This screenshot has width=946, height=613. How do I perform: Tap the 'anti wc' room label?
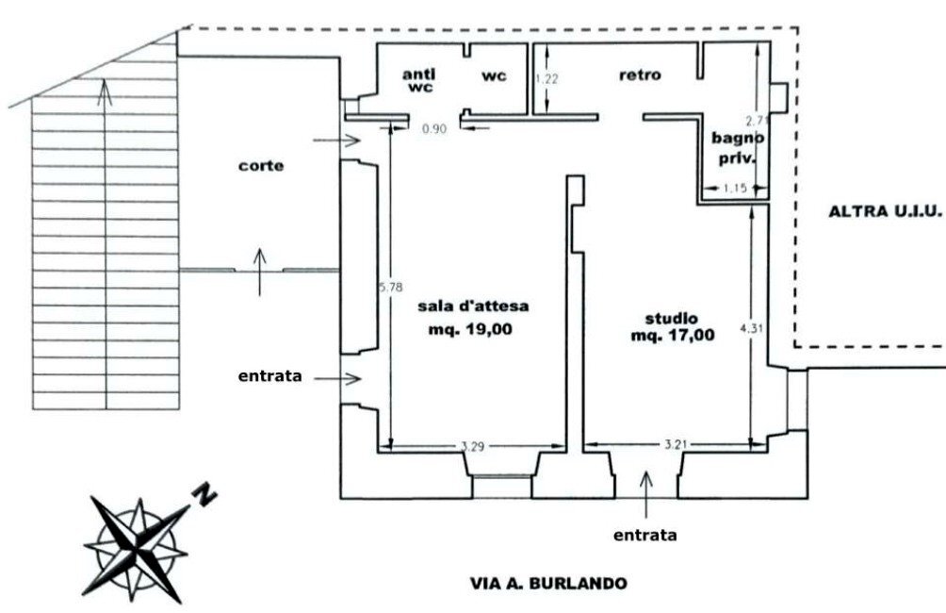pos(419,81)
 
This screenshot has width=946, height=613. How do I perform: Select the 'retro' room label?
pos(640,75)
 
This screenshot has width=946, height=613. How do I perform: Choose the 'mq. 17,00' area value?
pos(674,334)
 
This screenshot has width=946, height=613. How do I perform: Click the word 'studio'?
pos(672,317)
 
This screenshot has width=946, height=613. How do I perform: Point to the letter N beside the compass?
pos(204,492)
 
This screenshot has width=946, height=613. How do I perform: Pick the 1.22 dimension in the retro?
pos(546,79)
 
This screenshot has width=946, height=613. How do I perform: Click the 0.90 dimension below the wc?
pos(432,127)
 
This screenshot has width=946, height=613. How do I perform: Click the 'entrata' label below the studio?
pos(644,535)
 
